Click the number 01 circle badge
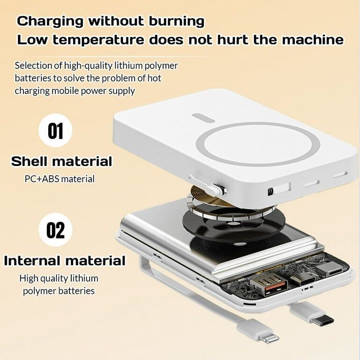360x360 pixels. [55, 131]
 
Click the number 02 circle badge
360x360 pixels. [55, 230]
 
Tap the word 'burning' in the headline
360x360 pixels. [176, 22]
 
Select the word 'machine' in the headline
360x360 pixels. [313, 39]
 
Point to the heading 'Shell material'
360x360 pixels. [61, 161]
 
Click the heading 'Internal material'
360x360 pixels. [65, 261]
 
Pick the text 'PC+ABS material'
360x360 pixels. [60, 179]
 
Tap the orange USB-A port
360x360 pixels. [269, 284]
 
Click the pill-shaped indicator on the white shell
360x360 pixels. [202, 116]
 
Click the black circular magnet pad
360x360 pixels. [233, 220]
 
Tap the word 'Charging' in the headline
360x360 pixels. [50, 22]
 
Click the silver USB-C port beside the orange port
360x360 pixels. [303, 279]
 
